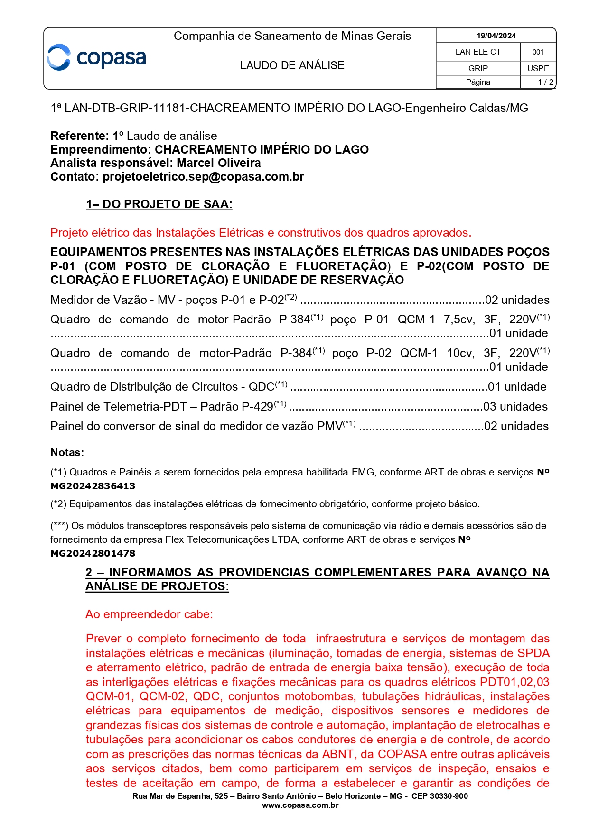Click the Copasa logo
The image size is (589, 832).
[97, 58]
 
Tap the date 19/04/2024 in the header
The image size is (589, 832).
[496, 36]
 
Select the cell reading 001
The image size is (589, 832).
[538, 52]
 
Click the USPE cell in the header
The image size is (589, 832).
[538, 68]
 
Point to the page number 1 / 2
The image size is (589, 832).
[545, 82]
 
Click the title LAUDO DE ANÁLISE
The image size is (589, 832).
[292, 65]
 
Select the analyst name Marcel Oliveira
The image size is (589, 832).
[219, 163]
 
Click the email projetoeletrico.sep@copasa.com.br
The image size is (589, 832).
[203, 177]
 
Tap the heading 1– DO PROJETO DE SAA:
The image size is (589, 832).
[159, 204]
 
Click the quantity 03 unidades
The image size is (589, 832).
[515, 407]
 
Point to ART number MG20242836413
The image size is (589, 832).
[93, 486]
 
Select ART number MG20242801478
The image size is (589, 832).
[93, 553]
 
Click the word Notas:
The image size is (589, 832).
[67, 452]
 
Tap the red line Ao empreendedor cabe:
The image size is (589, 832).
[149, 614]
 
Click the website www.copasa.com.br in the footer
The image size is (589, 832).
[300, 805]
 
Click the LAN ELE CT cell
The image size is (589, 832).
[478, 52]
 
